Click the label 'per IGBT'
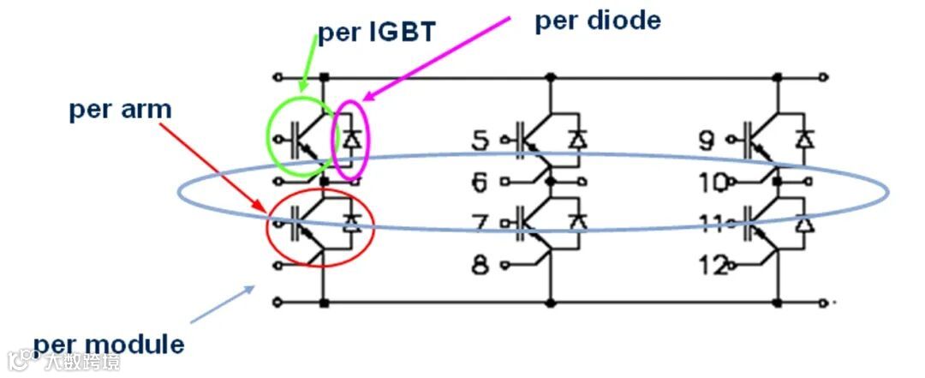pos(378,32)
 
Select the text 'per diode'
pos(598,21)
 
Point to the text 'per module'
pos(109,345)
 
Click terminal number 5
pos(481,140)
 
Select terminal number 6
pos(481,182)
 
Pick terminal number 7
pos(481,224)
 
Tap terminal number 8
pos(481,265)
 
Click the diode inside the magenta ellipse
pos(351,138)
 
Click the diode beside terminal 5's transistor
pos(579,138)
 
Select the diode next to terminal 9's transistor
pos(804,138)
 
